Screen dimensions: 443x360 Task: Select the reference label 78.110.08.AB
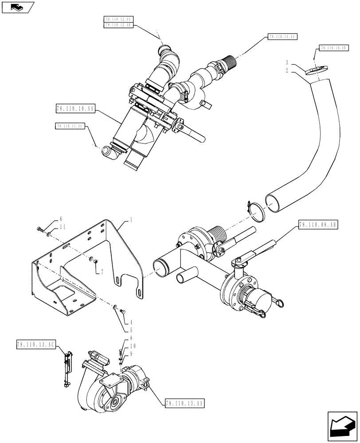[318, 225]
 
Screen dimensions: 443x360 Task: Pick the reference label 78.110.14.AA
[282, 37]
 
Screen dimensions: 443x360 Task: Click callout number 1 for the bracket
[131, 220]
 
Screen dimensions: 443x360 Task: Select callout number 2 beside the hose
[287, 70]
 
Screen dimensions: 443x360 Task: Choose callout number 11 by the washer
[60, 226]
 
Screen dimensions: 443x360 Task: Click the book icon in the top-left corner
[18, 7]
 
